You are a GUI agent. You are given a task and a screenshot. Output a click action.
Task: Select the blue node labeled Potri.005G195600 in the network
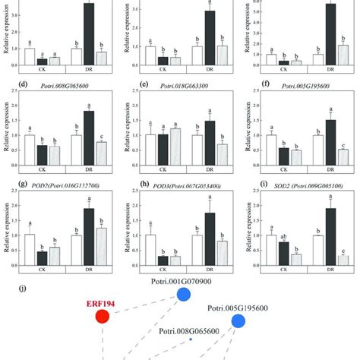click(238, 321)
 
